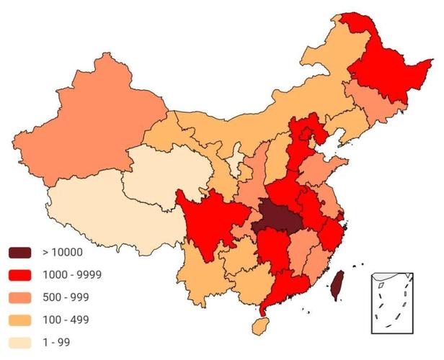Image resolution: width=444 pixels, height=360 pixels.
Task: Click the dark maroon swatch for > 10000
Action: (20, 252)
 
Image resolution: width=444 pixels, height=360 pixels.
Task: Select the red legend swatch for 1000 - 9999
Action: (20, 274)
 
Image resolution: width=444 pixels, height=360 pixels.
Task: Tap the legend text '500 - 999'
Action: (66, 297)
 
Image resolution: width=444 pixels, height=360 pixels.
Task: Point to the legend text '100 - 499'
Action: (66, 319)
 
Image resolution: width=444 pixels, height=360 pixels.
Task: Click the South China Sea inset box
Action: (394, 302)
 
